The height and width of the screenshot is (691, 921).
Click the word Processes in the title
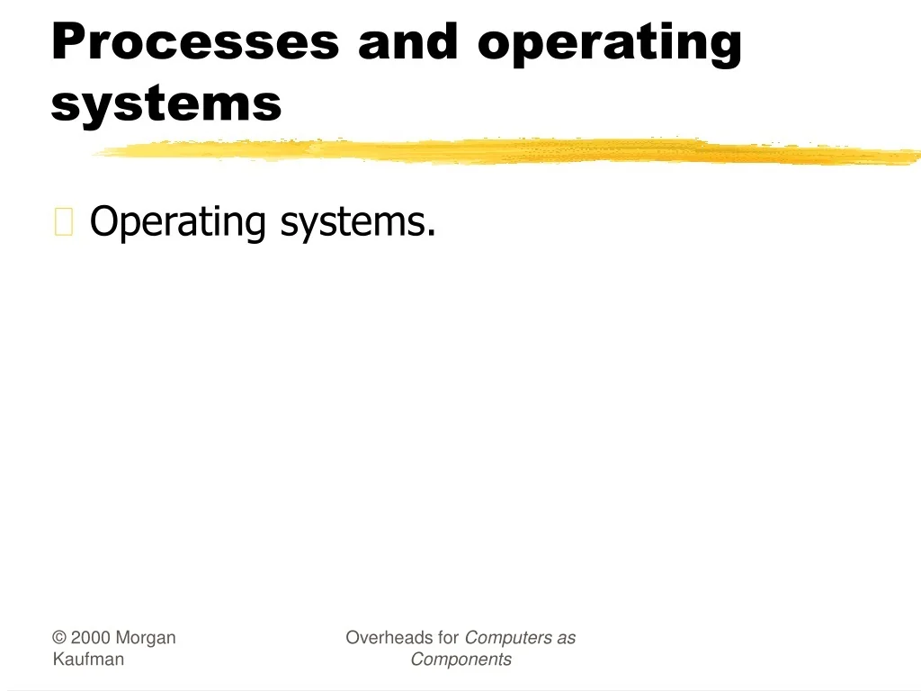pyautogui.click(x=195, y=42)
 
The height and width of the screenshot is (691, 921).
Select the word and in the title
pyautogui.click(x=407, y=42)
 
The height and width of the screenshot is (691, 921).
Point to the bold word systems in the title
pyautogui.click(x=166, y=103)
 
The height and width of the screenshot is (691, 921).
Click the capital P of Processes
pyautogui.click(x=68, y=41)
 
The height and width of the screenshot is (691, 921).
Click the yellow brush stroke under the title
pyautogui.click(x=504, y=151)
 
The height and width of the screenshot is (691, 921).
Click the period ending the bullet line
pyautogui.click(x=432, y=234)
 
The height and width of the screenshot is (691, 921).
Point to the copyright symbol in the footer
pyautogui.click(x=59, y=638)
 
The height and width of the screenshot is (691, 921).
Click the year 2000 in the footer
pyautogui.click(x=91, y=638)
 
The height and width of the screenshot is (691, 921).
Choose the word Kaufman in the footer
pyautogui.click(x=88, y=660)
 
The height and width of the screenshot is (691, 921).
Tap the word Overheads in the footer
pyautogui.click(x=390, y=638)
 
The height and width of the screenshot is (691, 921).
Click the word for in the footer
pyautogui.click(x=449, y=638)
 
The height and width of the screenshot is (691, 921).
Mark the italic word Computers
pyautogui.click(x=507, y=639)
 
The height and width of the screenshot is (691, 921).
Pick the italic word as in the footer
pyautogui.click(x=566, y=638)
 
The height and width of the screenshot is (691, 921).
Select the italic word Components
pyautogui.click(x=460, y=660)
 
